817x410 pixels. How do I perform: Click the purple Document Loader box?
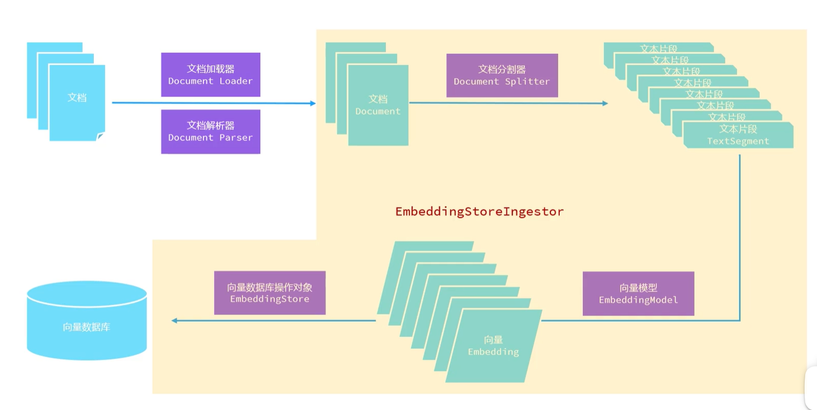click(210, 74)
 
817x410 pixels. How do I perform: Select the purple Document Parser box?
click(210, 131)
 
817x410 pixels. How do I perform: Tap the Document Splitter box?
click(502, 75)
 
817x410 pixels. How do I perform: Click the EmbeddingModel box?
click(638, 294)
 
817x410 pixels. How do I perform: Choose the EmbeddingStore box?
click(270, 293)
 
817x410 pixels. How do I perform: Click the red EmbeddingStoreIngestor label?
click(479, 212)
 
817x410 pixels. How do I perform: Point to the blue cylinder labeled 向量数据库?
click(87, 321)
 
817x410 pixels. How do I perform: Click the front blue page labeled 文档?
click(77, 102)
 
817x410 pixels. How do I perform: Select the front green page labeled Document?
click(378, 105)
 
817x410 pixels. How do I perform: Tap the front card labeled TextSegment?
click(738, 135)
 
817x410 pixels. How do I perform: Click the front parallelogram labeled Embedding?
click(493, 346)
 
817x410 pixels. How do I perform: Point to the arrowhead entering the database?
click(175, 321)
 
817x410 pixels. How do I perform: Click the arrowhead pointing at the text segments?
click(605, 104)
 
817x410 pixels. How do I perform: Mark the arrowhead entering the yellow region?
click(313, 104)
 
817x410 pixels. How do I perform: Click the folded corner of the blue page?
click(100, 136)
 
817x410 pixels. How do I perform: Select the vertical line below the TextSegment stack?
click(740, 236)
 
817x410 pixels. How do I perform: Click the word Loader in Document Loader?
click(236, 81)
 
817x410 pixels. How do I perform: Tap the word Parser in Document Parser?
click(236, 138)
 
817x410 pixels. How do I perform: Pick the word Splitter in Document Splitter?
click(527, 81)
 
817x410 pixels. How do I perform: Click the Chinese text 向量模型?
click(638, 288)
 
